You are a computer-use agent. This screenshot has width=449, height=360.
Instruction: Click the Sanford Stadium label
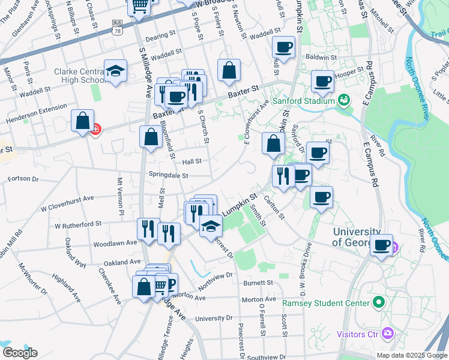tap(303, 101)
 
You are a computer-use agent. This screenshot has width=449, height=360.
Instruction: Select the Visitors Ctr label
tap(358, 334)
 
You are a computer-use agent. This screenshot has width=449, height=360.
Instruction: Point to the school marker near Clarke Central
tap(115, 71)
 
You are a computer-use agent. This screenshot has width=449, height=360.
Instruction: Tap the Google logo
tap(19, 353)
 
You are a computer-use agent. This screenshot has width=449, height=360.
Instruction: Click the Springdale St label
tap(169, 176)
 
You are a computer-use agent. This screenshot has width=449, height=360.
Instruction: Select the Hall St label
tap(191, 161)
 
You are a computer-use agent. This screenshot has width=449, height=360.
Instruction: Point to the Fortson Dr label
tap(23, 179)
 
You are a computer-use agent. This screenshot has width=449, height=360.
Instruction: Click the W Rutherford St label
tap(78, 225)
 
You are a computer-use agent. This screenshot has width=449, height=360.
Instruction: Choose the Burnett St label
tap(258, 283)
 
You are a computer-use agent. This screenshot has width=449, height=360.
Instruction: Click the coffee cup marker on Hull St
tap(283, 47)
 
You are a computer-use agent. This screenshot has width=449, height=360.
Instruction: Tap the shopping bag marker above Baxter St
tap(229, 71)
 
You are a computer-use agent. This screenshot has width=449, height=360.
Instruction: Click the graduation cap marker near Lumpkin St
tap(211, 227)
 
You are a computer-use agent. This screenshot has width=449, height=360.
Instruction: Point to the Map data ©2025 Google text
tap(411, 355)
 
